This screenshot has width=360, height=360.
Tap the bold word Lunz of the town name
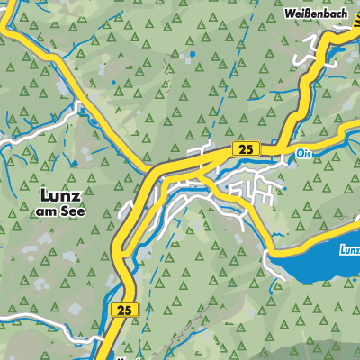(62, 193)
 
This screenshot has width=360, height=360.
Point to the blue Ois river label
(301, 154)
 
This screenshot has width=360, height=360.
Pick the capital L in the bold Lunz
(45, 193)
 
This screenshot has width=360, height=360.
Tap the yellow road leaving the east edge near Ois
(353, 132)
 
